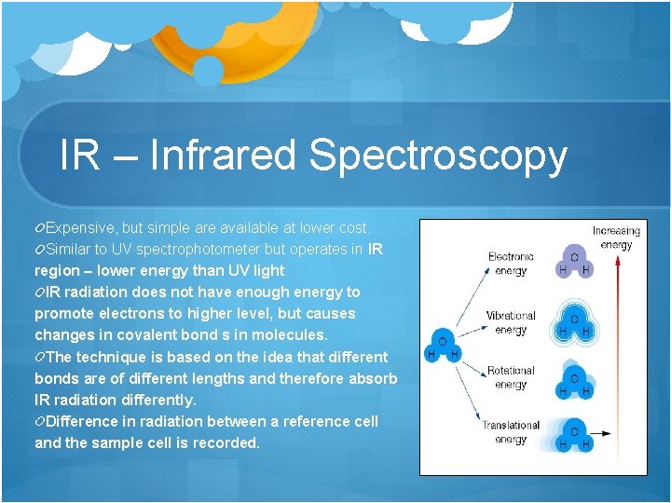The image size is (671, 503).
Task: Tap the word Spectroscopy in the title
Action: click(x=438, y=156)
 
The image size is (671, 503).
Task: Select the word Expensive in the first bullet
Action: click(x=81, y=227)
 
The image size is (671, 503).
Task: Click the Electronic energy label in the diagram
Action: click(x=511, y=264)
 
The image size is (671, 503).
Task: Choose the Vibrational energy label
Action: click(x=511, y=322)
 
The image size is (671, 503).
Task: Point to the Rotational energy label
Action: click(x=511, y=377)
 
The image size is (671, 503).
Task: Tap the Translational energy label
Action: click(x=511, y=432)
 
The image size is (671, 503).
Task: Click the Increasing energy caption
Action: click(x=616, y=238)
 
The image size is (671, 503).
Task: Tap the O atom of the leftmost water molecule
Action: click(x=442, y=342)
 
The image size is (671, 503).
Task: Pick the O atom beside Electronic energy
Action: click(x=574, y=257)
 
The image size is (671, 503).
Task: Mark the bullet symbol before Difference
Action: click(x=39, y=421)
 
